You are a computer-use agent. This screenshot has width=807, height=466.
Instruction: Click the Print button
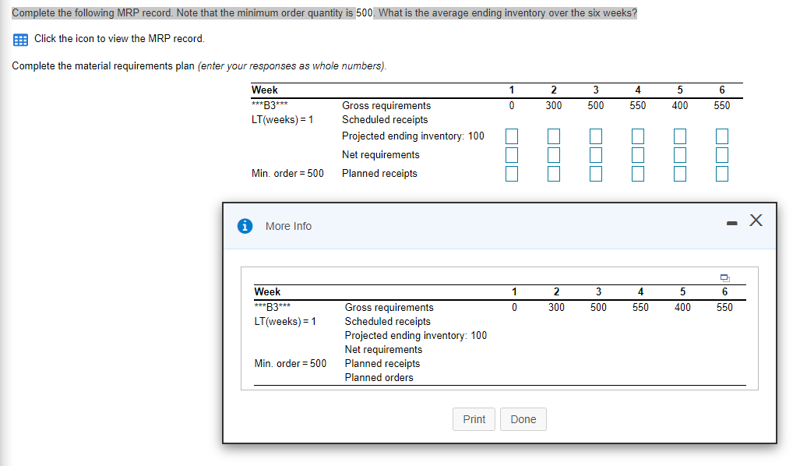click(x=474, y=419)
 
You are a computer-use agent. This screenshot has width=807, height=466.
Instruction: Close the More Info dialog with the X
click(x=755, y=221)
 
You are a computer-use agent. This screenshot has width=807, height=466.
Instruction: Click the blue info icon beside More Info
click(x=245, y=226)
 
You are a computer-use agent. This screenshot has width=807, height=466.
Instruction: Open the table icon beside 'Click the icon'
click(x=20, y=39)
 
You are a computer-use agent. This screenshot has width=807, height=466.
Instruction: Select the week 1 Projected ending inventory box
click(x=511, y=136)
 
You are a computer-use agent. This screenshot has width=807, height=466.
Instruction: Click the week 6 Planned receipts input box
click(x=722, y=173)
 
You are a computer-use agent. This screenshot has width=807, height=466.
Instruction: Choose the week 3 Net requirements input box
click(x=596, y=154)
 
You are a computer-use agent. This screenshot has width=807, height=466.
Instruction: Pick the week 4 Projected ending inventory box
click(x=638, y=136)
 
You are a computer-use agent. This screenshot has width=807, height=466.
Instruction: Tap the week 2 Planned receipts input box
click(x=553, y=173)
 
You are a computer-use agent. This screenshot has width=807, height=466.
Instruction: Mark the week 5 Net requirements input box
click(x=680, y=154)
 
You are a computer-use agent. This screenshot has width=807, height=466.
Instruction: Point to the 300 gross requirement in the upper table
click(x=553, y=105)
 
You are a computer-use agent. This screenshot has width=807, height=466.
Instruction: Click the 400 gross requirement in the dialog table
click(x=682, y=307)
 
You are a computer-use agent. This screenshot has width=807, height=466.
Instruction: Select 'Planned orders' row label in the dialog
click(x=379, y=377)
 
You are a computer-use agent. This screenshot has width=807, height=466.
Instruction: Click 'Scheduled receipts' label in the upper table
click(x=385, y=119)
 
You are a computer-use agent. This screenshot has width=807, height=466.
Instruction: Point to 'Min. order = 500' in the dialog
click(x=290, y=363)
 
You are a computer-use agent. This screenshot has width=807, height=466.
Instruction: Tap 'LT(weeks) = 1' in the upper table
click(x=282, y=119)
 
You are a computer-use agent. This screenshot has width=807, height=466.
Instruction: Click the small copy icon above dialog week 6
click(x=724, y=278)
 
